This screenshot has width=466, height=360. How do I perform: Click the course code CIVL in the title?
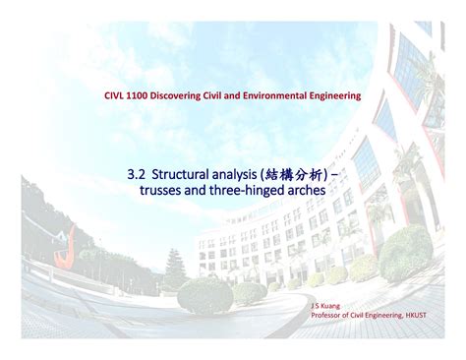pyautogui.click(x=117, y=95)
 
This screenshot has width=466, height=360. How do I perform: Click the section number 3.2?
pyautogui.click(x=137, y=173)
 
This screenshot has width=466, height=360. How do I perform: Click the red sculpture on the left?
pyautogui.click(x=64, y=244)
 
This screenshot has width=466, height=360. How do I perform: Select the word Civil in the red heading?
pyautogui.click(x=234, y=95)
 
